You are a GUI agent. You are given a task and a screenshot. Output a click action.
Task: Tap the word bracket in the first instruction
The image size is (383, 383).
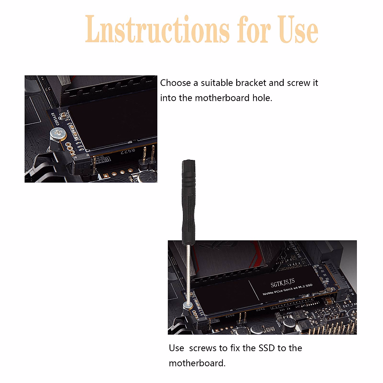(251, 83)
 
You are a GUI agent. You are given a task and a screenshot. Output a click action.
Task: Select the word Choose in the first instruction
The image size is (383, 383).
(175, 83)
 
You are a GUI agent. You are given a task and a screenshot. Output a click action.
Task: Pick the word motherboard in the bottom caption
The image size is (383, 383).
(197, 363)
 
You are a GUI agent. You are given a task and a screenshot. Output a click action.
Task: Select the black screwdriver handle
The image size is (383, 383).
(188, 201)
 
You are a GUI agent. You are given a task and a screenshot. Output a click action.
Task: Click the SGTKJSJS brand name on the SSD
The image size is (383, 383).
(283, 283)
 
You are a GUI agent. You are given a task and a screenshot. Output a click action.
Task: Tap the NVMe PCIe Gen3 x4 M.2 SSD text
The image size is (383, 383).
(287, 289)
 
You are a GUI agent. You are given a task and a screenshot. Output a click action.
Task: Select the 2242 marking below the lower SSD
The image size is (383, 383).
(260, 309)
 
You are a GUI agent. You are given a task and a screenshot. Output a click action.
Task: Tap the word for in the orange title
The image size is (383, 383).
(254, 30)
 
